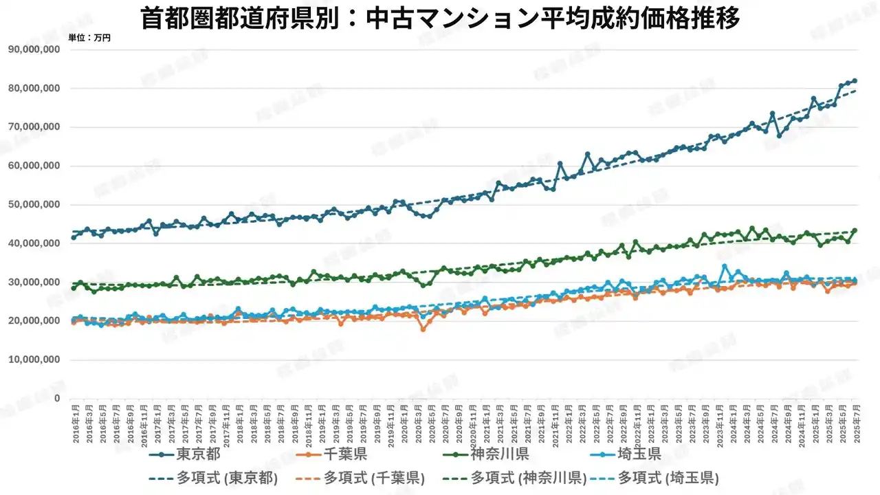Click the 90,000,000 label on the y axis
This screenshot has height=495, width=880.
pyautogui.click(x=35, y=49)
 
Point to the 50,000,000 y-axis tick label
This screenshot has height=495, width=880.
pyautogui.click(x=35, y=205)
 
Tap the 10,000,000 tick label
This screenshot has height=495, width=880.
pyautogui.click(x=35, y=360)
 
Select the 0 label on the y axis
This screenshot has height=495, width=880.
pyautogui.click(x=57, y=399)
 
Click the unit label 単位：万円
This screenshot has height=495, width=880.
pyautogui.click(x=89, y=38)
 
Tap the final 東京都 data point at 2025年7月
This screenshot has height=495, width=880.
pyautogui.click(x=855, y=81)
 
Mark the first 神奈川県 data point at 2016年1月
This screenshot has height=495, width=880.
pyautogui.click(x=74, y=288)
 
